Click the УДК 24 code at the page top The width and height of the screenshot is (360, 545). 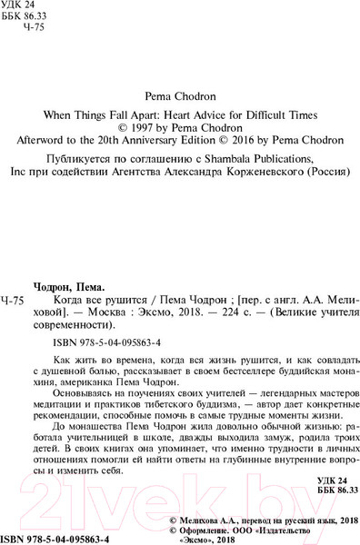[23, 7]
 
